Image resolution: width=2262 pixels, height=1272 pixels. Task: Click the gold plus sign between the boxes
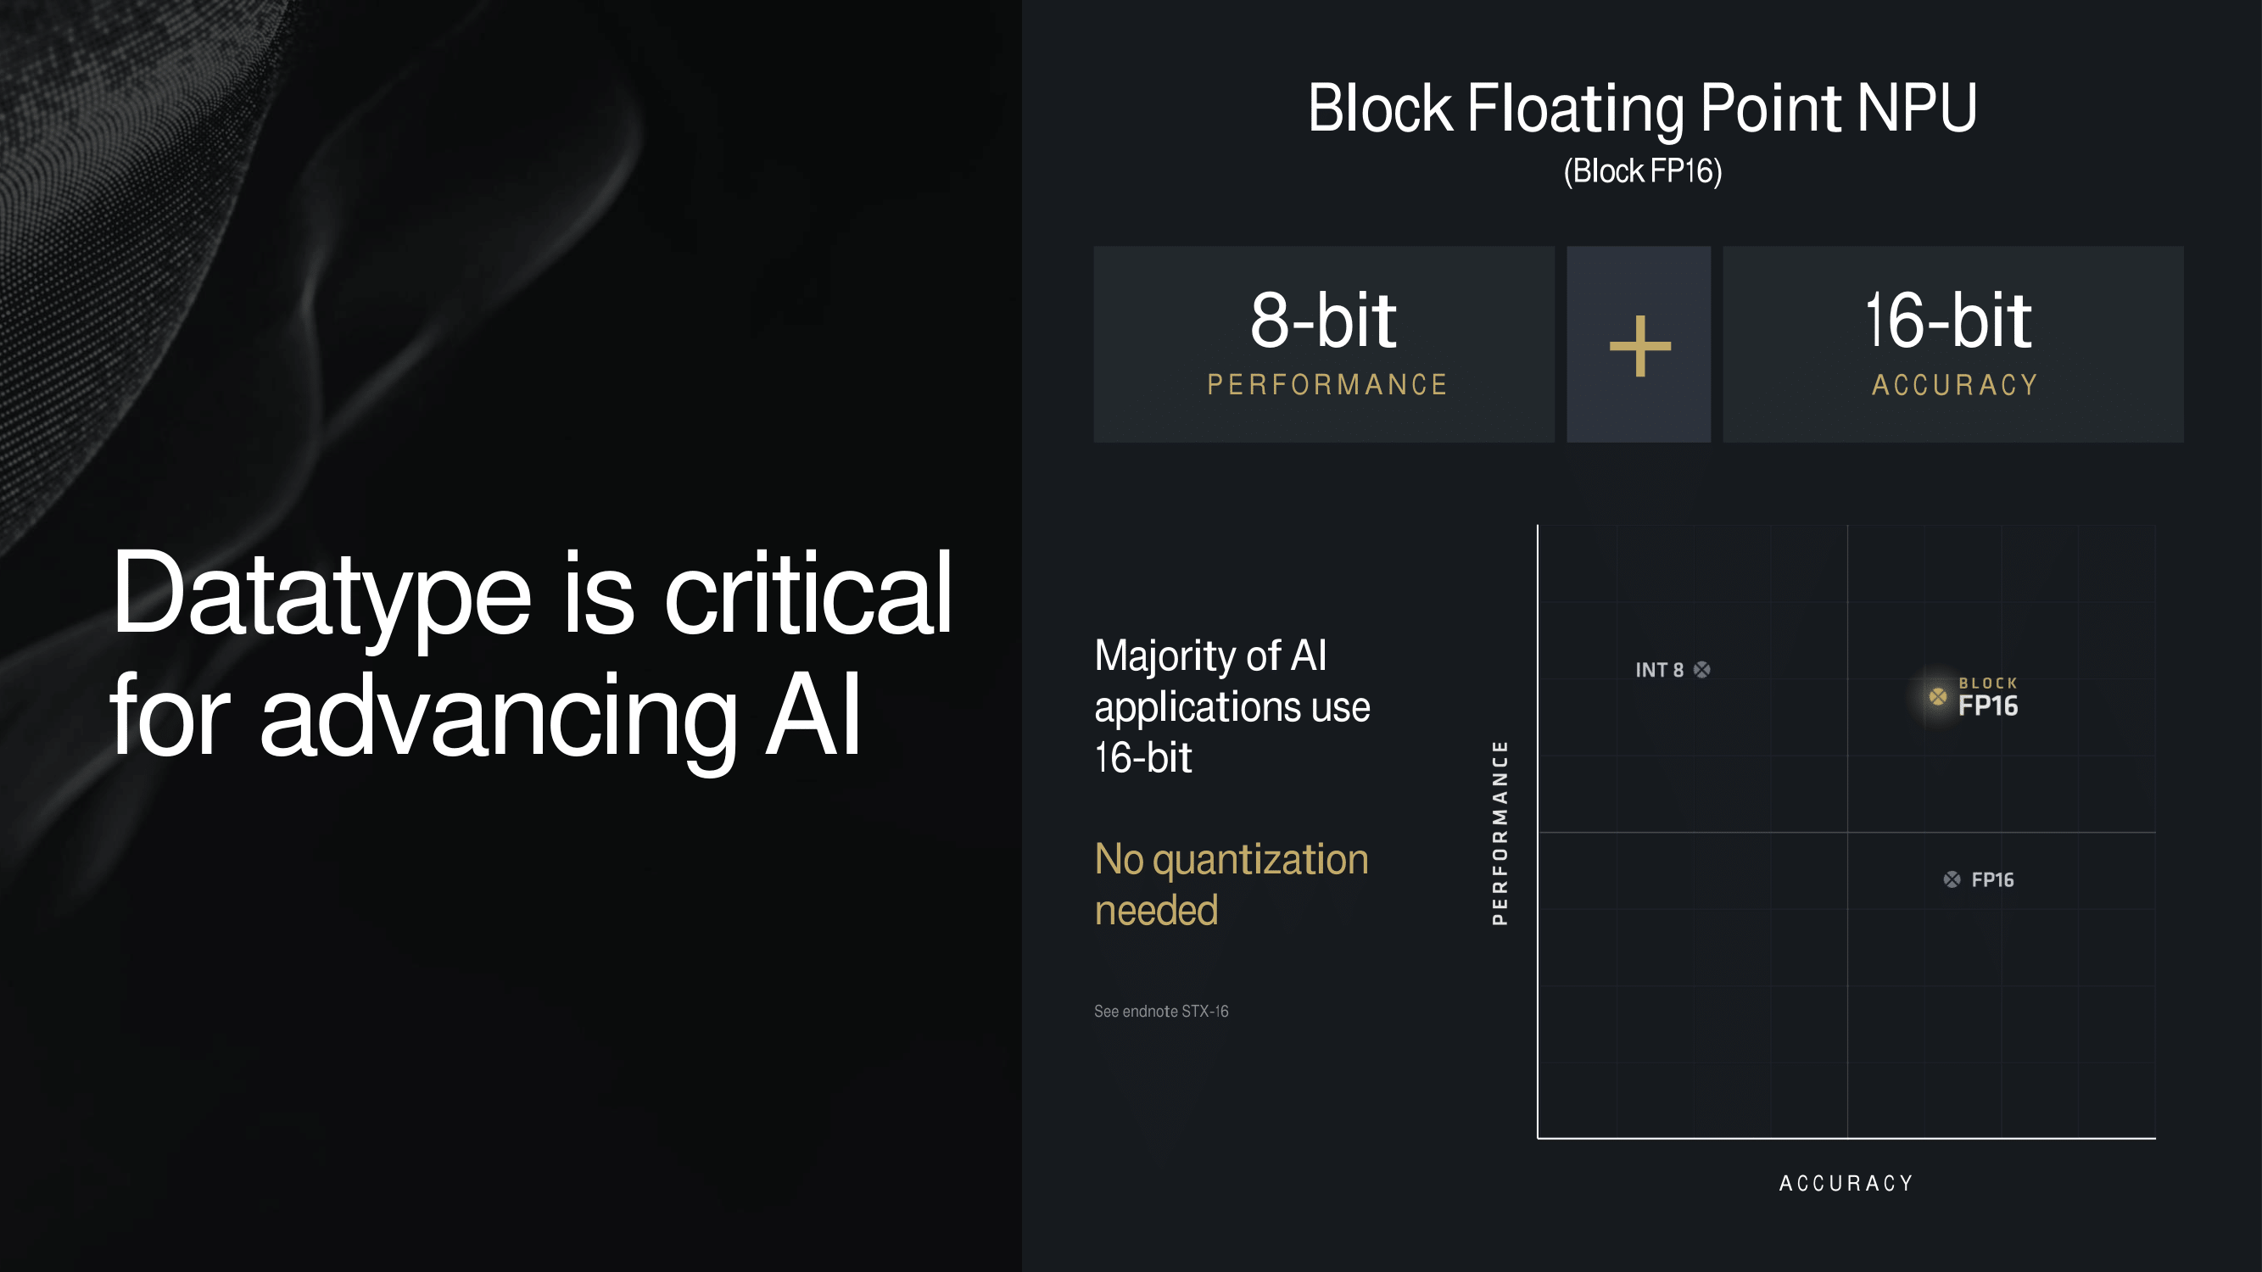tap(1639, 346)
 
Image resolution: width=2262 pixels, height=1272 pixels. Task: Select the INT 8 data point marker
tap(1701, 670)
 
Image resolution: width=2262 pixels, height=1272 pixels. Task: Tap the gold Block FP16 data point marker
tap(1938, 697)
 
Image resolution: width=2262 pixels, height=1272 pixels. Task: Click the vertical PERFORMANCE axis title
tap(1500, 832)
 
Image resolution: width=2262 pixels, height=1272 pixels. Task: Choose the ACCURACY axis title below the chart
tap(1846, 1183)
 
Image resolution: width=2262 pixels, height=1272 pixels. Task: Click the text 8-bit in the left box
tap(1323, 321)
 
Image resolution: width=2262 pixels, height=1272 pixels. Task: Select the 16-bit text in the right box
tap(1948, 321)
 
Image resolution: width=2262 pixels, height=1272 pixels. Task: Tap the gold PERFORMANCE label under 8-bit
tap(1326, 384)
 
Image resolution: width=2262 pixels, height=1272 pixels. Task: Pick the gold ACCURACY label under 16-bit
tap(1955, 384)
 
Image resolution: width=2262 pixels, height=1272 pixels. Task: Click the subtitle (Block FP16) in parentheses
tap(1643, 170)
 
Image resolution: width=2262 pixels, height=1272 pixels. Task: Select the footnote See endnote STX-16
tap(1161, 1012)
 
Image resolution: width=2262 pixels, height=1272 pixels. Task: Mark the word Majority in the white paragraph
tap(1161, 657)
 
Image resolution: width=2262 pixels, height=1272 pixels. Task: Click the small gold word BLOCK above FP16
tap(1988, 683)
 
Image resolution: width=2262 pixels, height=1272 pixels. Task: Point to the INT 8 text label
tap(1660, 670)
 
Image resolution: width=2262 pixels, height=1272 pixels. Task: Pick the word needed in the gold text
tap(1157, 910)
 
